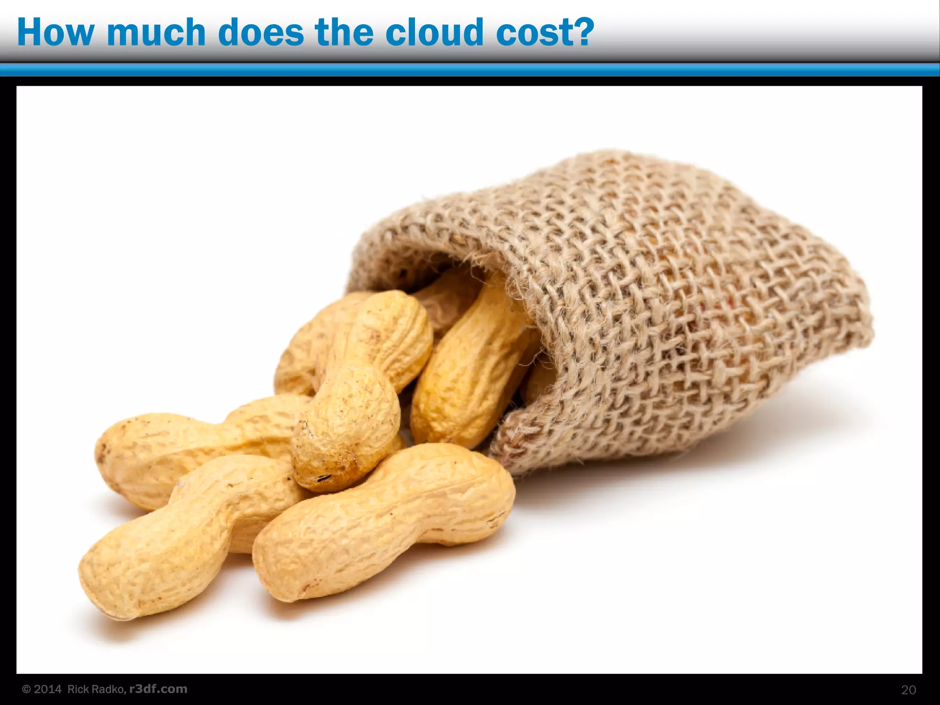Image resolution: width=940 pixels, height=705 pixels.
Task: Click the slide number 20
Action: click(908, 690)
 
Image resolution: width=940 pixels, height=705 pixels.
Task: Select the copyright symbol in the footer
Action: click(27, 689)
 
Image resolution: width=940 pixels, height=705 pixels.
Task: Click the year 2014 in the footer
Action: click(48, 689)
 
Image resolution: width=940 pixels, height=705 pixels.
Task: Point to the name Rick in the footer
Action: click(77, 689)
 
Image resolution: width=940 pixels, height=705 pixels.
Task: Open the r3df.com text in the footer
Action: click(158, 689)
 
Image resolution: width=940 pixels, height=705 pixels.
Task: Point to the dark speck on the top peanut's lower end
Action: click(324, 478)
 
